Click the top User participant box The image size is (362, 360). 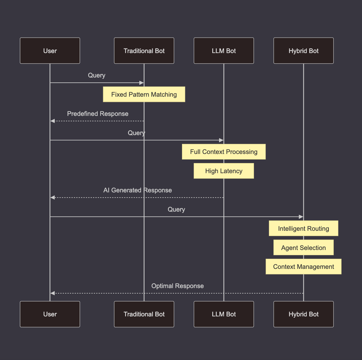[x=50, y=51]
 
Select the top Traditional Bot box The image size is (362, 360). [x=144, y=51]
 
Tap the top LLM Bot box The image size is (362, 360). [x=224, y=51]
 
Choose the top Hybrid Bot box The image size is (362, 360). [x=303, y=51]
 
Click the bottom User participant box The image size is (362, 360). [x=50, y=314]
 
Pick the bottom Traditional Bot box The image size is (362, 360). [x=144, y=314]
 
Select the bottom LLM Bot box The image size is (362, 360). [x=224, y=314]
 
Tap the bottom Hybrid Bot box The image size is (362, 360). [x=303, y=314]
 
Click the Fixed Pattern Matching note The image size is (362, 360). [x=144, y=94]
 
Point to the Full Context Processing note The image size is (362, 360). [x=224, y=152]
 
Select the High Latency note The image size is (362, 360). [x=224, y=171]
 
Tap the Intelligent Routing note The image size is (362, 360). [x=303, y=228]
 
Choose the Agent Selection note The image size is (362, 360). [x=303, y=248]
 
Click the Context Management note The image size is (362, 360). [x=303, y=267]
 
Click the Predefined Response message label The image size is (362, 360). [x=98, y=114]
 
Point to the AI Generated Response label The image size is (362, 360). [x=137, y=190]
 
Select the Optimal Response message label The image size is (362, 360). [x=177, y=286]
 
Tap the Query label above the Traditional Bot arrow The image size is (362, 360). [x=97, y=75]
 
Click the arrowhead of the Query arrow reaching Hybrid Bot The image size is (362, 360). [x=301, y=217]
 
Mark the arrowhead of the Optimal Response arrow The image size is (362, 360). [x=52, y=293]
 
